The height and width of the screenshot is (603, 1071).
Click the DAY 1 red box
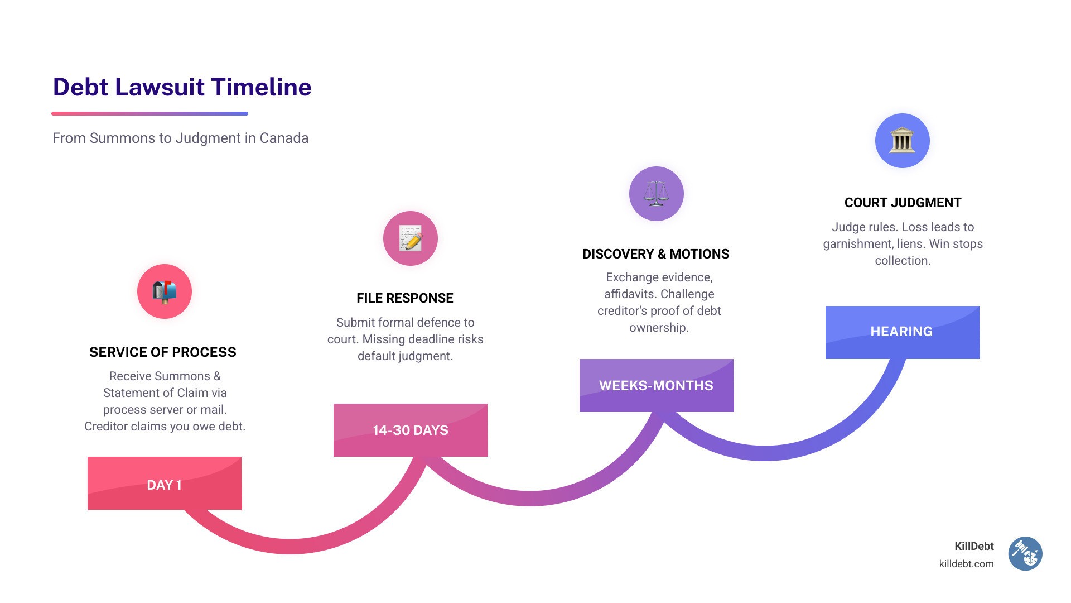[x=165, y=484]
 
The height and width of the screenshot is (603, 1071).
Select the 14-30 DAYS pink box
[x=411, y=430]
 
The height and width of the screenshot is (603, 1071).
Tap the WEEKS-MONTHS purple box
[x=656, y=385]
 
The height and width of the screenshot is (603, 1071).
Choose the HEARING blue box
[x=902, y=332]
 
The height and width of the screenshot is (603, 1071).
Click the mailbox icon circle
[x=165, y=291]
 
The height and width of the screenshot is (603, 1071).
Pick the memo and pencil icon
[x=411, y=238]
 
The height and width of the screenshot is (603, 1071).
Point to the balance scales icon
[x=656, y=194]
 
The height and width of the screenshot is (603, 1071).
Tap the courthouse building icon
[x=902, y=141]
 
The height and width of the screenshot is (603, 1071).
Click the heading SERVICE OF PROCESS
[x=163, y=352]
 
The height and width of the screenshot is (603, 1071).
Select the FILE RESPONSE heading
[x=405, y=298]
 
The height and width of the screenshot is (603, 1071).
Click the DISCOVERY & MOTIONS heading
[x=655, y=254]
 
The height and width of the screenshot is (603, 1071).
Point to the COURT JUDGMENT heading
[x=903, y=203]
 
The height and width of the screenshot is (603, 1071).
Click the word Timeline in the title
[x=261, y=87]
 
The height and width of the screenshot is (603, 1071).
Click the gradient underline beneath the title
[x=149, y=113]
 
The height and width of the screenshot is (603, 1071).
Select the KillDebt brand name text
[x=974, y=546]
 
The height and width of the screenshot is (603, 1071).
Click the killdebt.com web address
[x=966, y=564]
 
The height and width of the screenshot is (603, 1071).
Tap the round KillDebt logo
[x=1025, y=554]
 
